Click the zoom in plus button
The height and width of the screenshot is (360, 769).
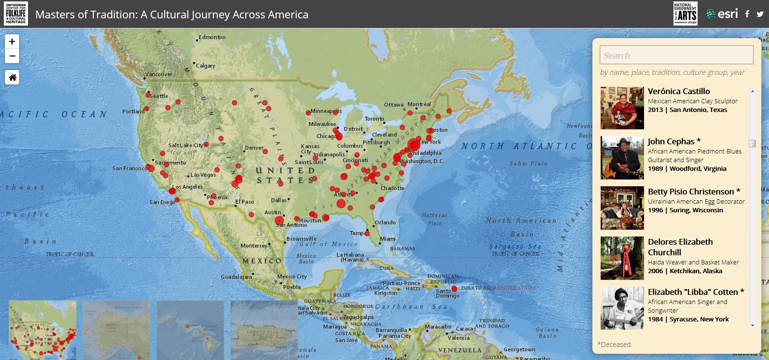pyautogui.click(x=12, y=42)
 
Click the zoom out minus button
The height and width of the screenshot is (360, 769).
pyautogui.click(x=12, y=56)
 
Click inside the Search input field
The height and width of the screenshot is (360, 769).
pyautogui.click(x=676, y=55)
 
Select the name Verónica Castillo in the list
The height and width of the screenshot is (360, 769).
pyautogui.click(x=678, y=91)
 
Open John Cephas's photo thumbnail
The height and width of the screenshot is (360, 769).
pyautogui.click(x=622, y=158)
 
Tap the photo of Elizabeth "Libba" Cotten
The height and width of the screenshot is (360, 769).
pyautogui.click(x=622, y=308)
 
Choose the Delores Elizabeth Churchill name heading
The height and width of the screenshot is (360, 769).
pyautogui.click(x=680, y=247)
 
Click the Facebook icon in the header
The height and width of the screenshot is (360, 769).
pyautogui.click(x=747, y=14)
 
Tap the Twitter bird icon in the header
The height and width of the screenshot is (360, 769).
pyautogui.click(x=760, y=14)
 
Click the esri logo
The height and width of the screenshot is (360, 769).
pyautogui.click(x=722, y=14)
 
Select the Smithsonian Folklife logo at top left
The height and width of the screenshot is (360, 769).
pyautogui.click(x=16, y=14)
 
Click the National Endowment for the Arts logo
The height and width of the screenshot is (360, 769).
pyautogui.click(x=685, y=14)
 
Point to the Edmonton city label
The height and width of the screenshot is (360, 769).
pyautogui.click(x=212, y=37)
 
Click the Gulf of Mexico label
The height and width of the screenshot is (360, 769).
pyautogui.click(x=331, y=244)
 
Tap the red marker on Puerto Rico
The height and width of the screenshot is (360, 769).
pyautogui.click(x=454, y=289)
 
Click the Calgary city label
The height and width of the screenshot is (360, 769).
pyautogui.click(x=206, y=66)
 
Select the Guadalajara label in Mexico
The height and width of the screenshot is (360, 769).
pyautogui.click(x=236, y=277)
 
